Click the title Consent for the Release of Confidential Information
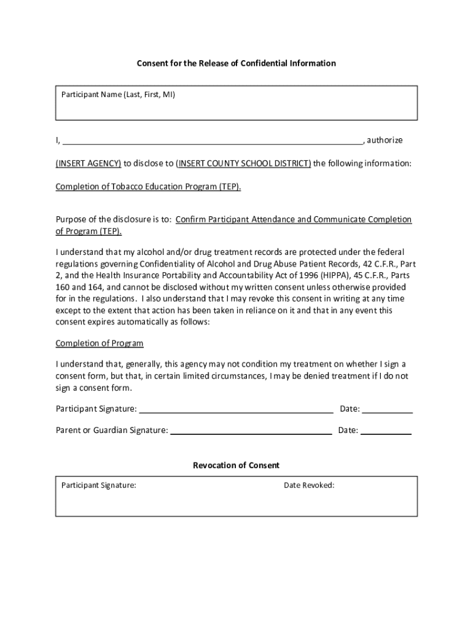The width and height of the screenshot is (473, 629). click(x=236, y=63)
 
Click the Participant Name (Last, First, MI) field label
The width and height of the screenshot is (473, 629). click(x=118, y=95)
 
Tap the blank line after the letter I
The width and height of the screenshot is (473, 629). click(x=212, y=141)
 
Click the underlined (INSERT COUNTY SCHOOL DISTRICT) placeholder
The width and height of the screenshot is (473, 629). click(x=243, y=163)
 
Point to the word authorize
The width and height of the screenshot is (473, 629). click(x=385, y=141)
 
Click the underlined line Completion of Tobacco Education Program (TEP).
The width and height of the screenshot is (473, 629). click(x=148, y=187)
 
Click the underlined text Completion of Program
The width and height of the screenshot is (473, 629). click(x=100, y=343)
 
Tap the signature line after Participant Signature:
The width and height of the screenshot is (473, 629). click(x=236, y=409)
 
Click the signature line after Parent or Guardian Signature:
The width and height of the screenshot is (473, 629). click(x=251, y=431)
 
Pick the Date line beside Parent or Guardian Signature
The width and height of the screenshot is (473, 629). click(x=386, y=431)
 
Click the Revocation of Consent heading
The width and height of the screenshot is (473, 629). click(x=236, y=466)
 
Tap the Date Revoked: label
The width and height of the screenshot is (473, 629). click(x=309, y=486)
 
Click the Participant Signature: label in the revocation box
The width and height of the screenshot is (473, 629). click(x=99, y=486)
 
